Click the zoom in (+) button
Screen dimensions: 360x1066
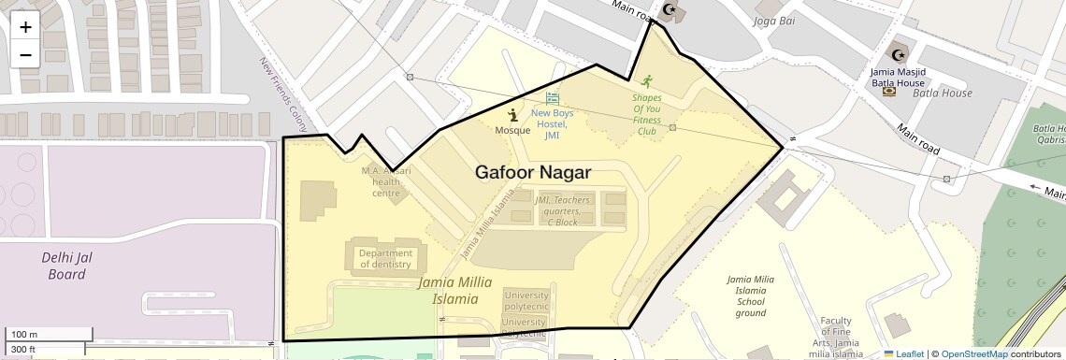pyautogui.click(x=25, y=26)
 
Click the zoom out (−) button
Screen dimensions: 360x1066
pyautogui.click(x=25, y=54)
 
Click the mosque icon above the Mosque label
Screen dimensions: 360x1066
pyautogui.click(x=512, y=114)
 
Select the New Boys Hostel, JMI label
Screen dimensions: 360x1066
pyautogui.click(x=552, y=124)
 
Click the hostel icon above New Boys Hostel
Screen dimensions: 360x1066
pyautogui.click(x=552, y=98)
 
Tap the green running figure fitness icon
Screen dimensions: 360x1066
pyautogui.click(x=646, y=80)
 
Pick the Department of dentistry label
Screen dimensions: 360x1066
pyautogui.click(x=385, y=258)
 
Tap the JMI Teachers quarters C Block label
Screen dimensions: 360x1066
pyautogui.click(x=563, y=210)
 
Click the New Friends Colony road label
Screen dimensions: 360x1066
pyautogui.click(x=282, y=94)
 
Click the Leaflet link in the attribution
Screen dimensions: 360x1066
pyautogui.click(x=904, y=353)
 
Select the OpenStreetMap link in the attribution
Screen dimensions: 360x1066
pyautogui.click(x=974, y=353)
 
